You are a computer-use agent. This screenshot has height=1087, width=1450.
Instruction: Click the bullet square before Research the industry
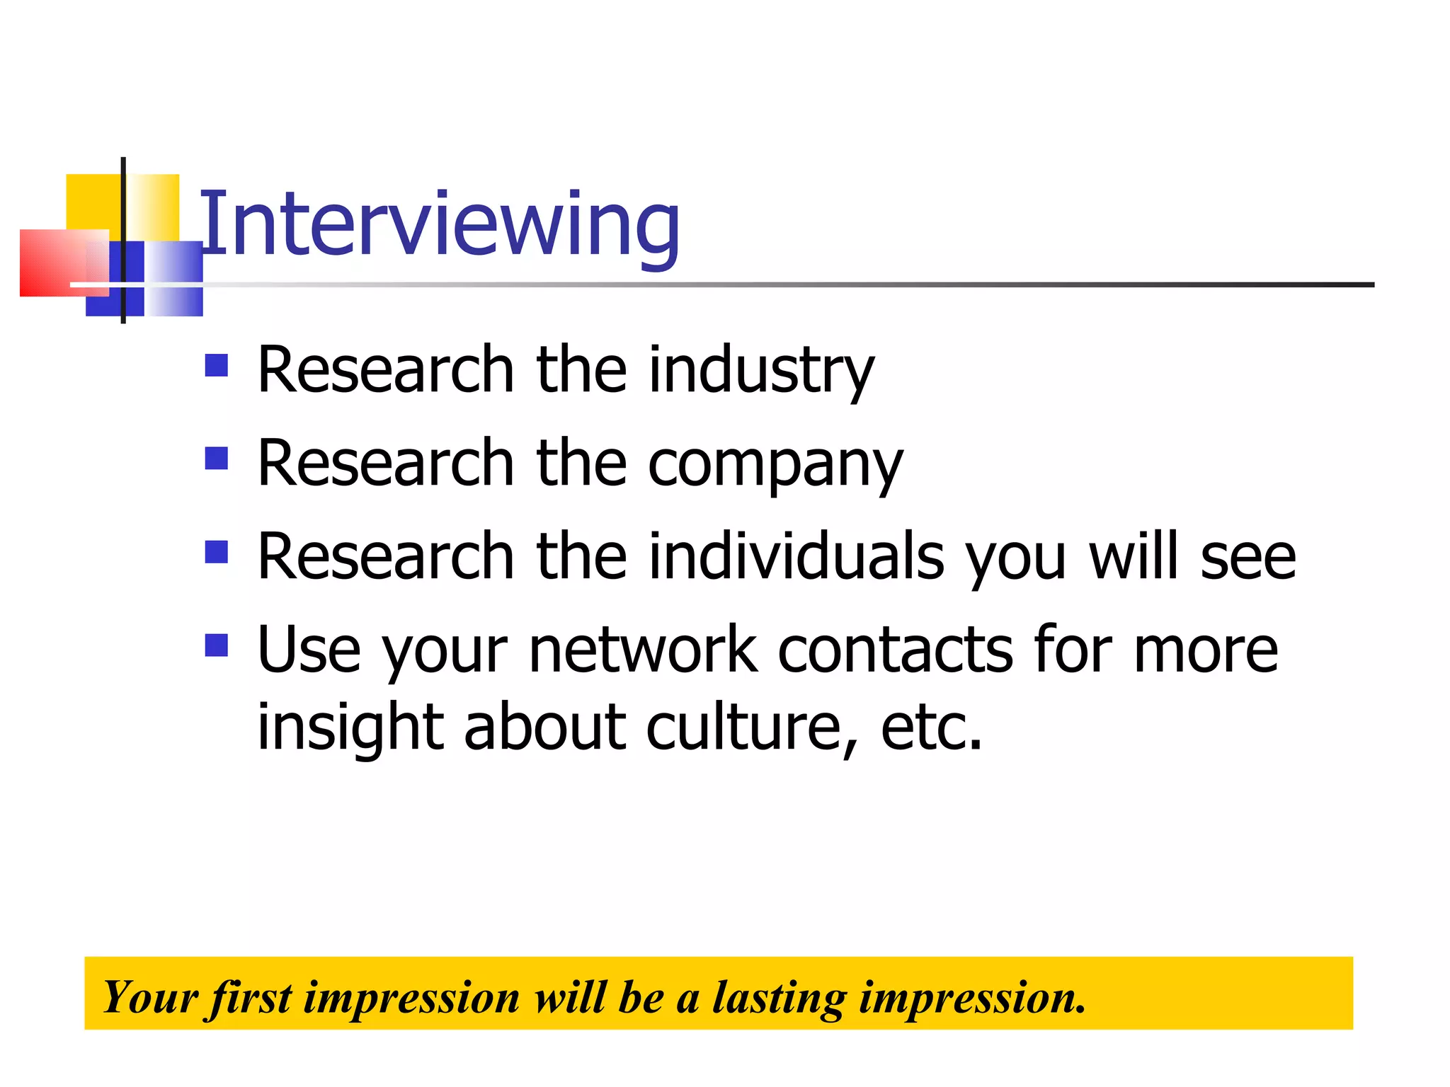pos(216,365)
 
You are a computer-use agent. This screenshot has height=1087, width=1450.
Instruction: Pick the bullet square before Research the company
pos(216,459)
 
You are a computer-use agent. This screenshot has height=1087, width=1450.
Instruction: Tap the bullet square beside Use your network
pos(216,645)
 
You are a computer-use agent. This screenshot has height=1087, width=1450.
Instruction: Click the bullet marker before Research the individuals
pos(216,552)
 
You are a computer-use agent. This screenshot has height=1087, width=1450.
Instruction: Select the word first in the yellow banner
pos(249,998)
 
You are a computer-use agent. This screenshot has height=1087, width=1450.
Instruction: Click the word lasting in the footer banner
pos(779,998)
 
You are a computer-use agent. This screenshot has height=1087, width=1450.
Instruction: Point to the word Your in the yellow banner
pos(149,998)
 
